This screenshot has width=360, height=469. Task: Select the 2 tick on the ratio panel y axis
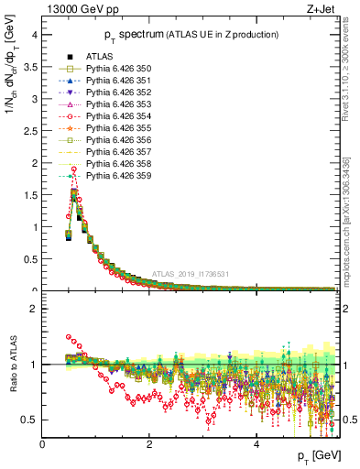(33, 309)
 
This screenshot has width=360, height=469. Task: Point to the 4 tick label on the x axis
(256, 444)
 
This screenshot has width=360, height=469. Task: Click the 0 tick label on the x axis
(42, 444)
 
